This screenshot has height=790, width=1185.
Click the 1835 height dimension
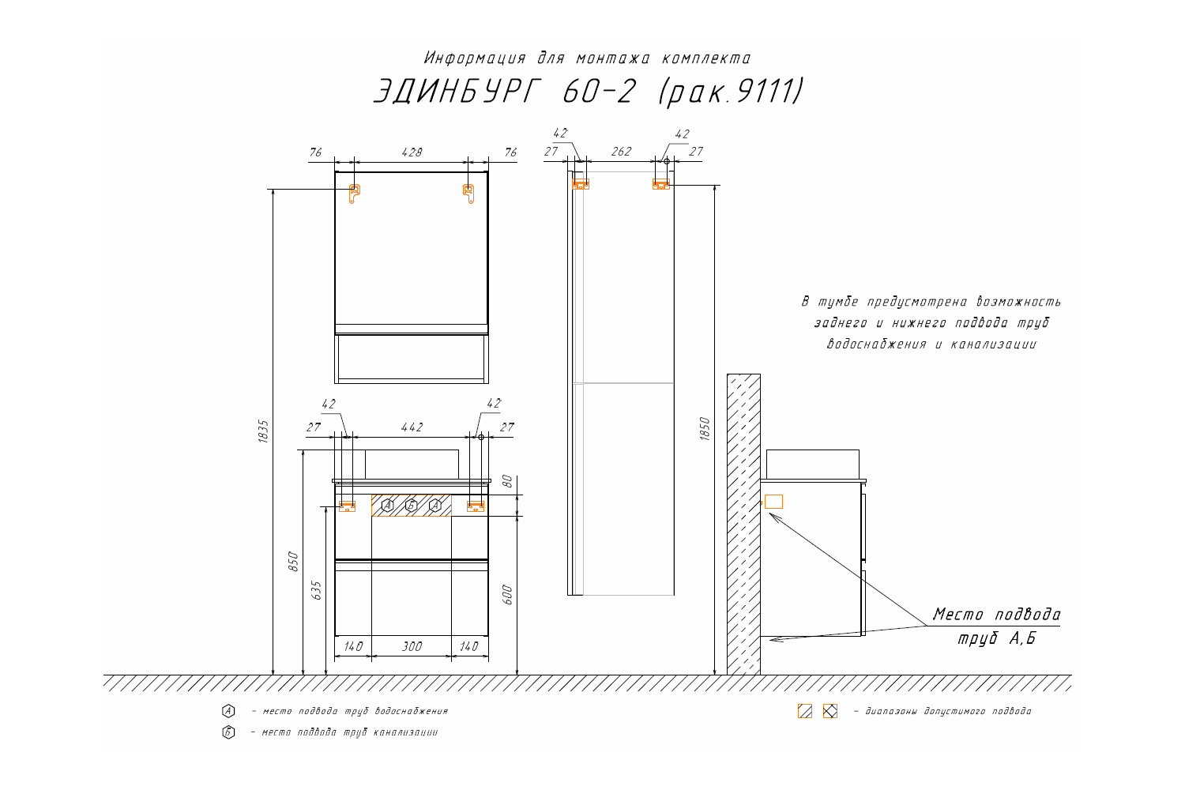264,431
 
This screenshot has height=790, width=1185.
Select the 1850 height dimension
705,429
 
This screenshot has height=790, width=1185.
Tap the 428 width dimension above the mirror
412,152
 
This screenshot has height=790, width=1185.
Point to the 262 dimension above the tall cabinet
622,152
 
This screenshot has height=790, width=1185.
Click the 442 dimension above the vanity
412,427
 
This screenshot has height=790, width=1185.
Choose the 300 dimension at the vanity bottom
412,646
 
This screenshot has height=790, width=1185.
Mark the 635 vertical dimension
317,590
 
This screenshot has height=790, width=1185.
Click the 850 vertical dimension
293,561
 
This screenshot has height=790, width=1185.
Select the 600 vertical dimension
508,595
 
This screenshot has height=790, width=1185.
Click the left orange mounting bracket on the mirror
355,193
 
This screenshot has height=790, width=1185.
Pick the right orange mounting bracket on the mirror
468,193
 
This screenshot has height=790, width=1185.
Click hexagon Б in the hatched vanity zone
411,506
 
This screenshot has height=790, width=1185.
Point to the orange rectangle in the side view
773,502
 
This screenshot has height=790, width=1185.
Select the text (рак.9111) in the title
731,92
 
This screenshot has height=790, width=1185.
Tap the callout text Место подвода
996,614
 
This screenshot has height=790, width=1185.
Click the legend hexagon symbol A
228,711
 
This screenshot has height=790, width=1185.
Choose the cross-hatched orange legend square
829,711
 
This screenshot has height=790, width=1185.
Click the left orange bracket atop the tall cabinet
581,184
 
